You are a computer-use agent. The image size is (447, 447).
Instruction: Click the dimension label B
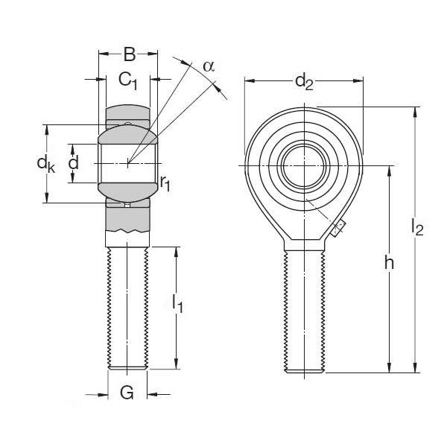pyautogui.click(x=129, y=54)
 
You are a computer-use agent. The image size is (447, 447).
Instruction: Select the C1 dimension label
pyautogui.click(x=128, y=80)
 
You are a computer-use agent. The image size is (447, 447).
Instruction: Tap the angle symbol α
pyautogui.click(x=209, y=66)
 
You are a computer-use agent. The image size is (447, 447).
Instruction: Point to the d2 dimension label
pyautogui.click(x=304, y=81)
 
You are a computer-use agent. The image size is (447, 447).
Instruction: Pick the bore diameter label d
pyautogui.click(x=73, y=162)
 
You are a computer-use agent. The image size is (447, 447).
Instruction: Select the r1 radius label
pyautogui.click(x=165, y=183)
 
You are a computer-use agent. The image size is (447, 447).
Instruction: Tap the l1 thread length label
pyautogui.click(x=177, y=302)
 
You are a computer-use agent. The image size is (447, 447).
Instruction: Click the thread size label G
pyautogui.click(x=127, y=392)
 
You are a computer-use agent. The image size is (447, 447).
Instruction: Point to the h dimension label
pyautogui.click(x=388, y=262)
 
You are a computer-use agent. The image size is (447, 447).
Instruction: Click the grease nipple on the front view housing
pyautogui.click(x=337, y=228)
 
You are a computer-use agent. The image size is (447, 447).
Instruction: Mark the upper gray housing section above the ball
pyautogui.click(x=127, y=115)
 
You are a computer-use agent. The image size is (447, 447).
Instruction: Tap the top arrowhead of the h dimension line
pyautogui.click(x=389, y=169)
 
